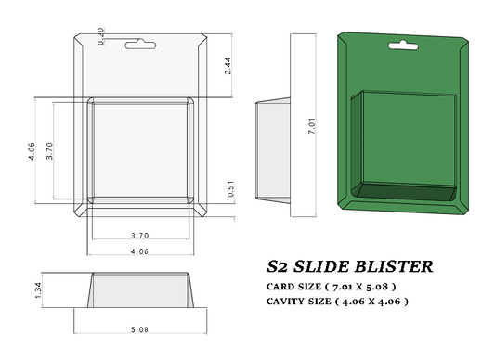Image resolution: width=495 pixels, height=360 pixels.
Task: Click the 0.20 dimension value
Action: [101, 34]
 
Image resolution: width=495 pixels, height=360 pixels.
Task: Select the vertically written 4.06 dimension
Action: [33, 150]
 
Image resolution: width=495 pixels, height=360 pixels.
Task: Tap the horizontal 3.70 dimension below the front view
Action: [141, 236]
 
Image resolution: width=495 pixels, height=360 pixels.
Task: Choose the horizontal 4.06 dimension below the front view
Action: [139, 251]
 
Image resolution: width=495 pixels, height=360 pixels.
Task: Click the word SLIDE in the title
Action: [328, 267]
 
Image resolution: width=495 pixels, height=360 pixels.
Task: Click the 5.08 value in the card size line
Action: [391, 287]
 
